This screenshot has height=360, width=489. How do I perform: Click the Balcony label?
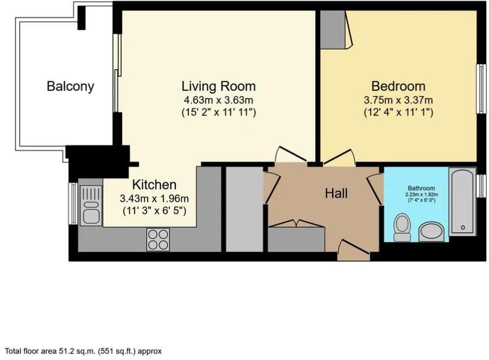pos(70,86)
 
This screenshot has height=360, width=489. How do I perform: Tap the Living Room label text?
pos(218,86)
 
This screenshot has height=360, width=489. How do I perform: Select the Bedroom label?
pos(398,86)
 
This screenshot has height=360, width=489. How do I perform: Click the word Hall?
pos(336,193)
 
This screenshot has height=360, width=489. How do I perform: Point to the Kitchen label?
pos(147,185)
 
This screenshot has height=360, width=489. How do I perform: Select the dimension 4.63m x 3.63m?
pos(218,100)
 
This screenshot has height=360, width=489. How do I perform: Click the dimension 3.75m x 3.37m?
pos(398,100)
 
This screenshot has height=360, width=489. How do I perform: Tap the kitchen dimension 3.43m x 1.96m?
pos(147,198)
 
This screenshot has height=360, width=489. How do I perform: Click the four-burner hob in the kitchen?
pos(158,239)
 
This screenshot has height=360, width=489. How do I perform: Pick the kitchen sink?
pos(91,205)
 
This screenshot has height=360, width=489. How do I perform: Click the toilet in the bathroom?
pos(402,226)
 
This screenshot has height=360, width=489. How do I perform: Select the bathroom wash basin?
pos(432,231)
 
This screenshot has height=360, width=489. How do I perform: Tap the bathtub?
pos(463,201)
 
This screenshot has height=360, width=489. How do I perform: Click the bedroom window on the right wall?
pos(479,89)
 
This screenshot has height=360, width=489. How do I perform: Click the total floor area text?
pos(84,351)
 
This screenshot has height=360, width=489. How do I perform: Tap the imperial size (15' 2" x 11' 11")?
pos(218,113)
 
